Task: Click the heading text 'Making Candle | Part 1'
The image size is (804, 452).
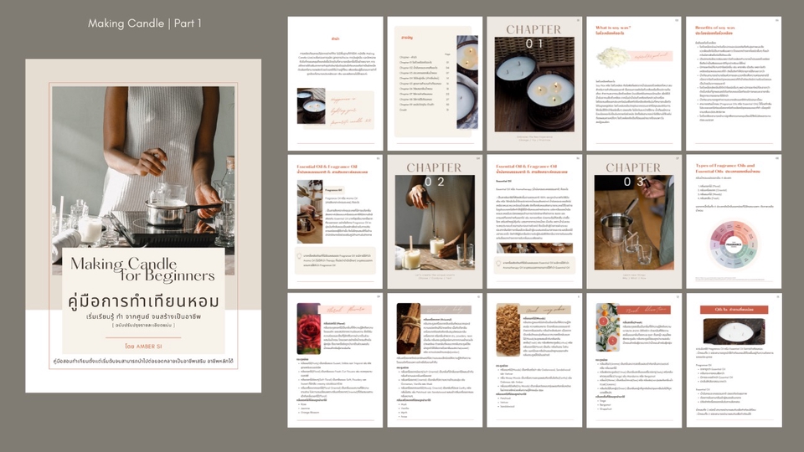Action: click(x=145, y=23)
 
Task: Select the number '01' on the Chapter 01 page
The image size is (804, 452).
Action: click(x=533, y=44)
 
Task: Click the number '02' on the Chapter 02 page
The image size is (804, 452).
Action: click(x=434, y=181)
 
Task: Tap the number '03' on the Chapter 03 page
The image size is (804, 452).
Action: click(x=633, y=182)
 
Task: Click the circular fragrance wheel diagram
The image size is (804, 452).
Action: click(x=733, y=245)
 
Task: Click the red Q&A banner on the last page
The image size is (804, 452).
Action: click(x=734, y=310)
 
